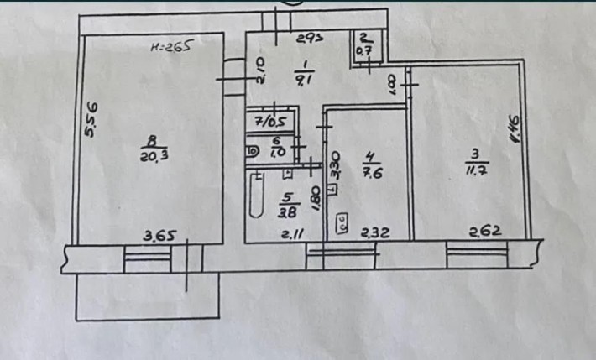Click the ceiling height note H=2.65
click(x=171, y=48)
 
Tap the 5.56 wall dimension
click(x=93, y=122)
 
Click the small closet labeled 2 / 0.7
click(x=365, y=45)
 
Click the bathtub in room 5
click(x=255, y=195)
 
